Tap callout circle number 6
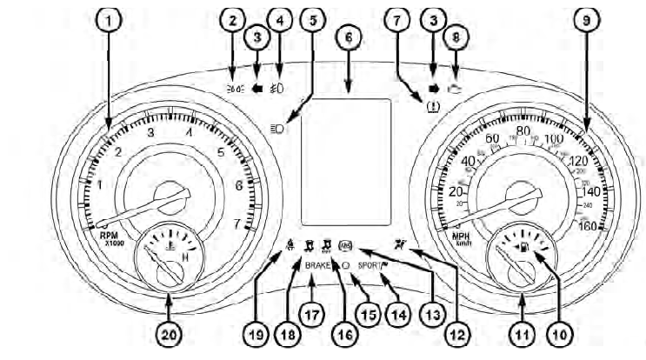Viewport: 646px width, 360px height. pos(349,38)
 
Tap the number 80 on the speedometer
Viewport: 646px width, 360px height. pos(523,131)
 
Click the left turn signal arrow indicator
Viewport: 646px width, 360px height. pos(256,63)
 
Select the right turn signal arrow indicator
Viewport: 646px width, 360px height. pos(432,63)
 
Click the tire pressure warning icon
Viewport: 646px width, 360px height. pos(431,108)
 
